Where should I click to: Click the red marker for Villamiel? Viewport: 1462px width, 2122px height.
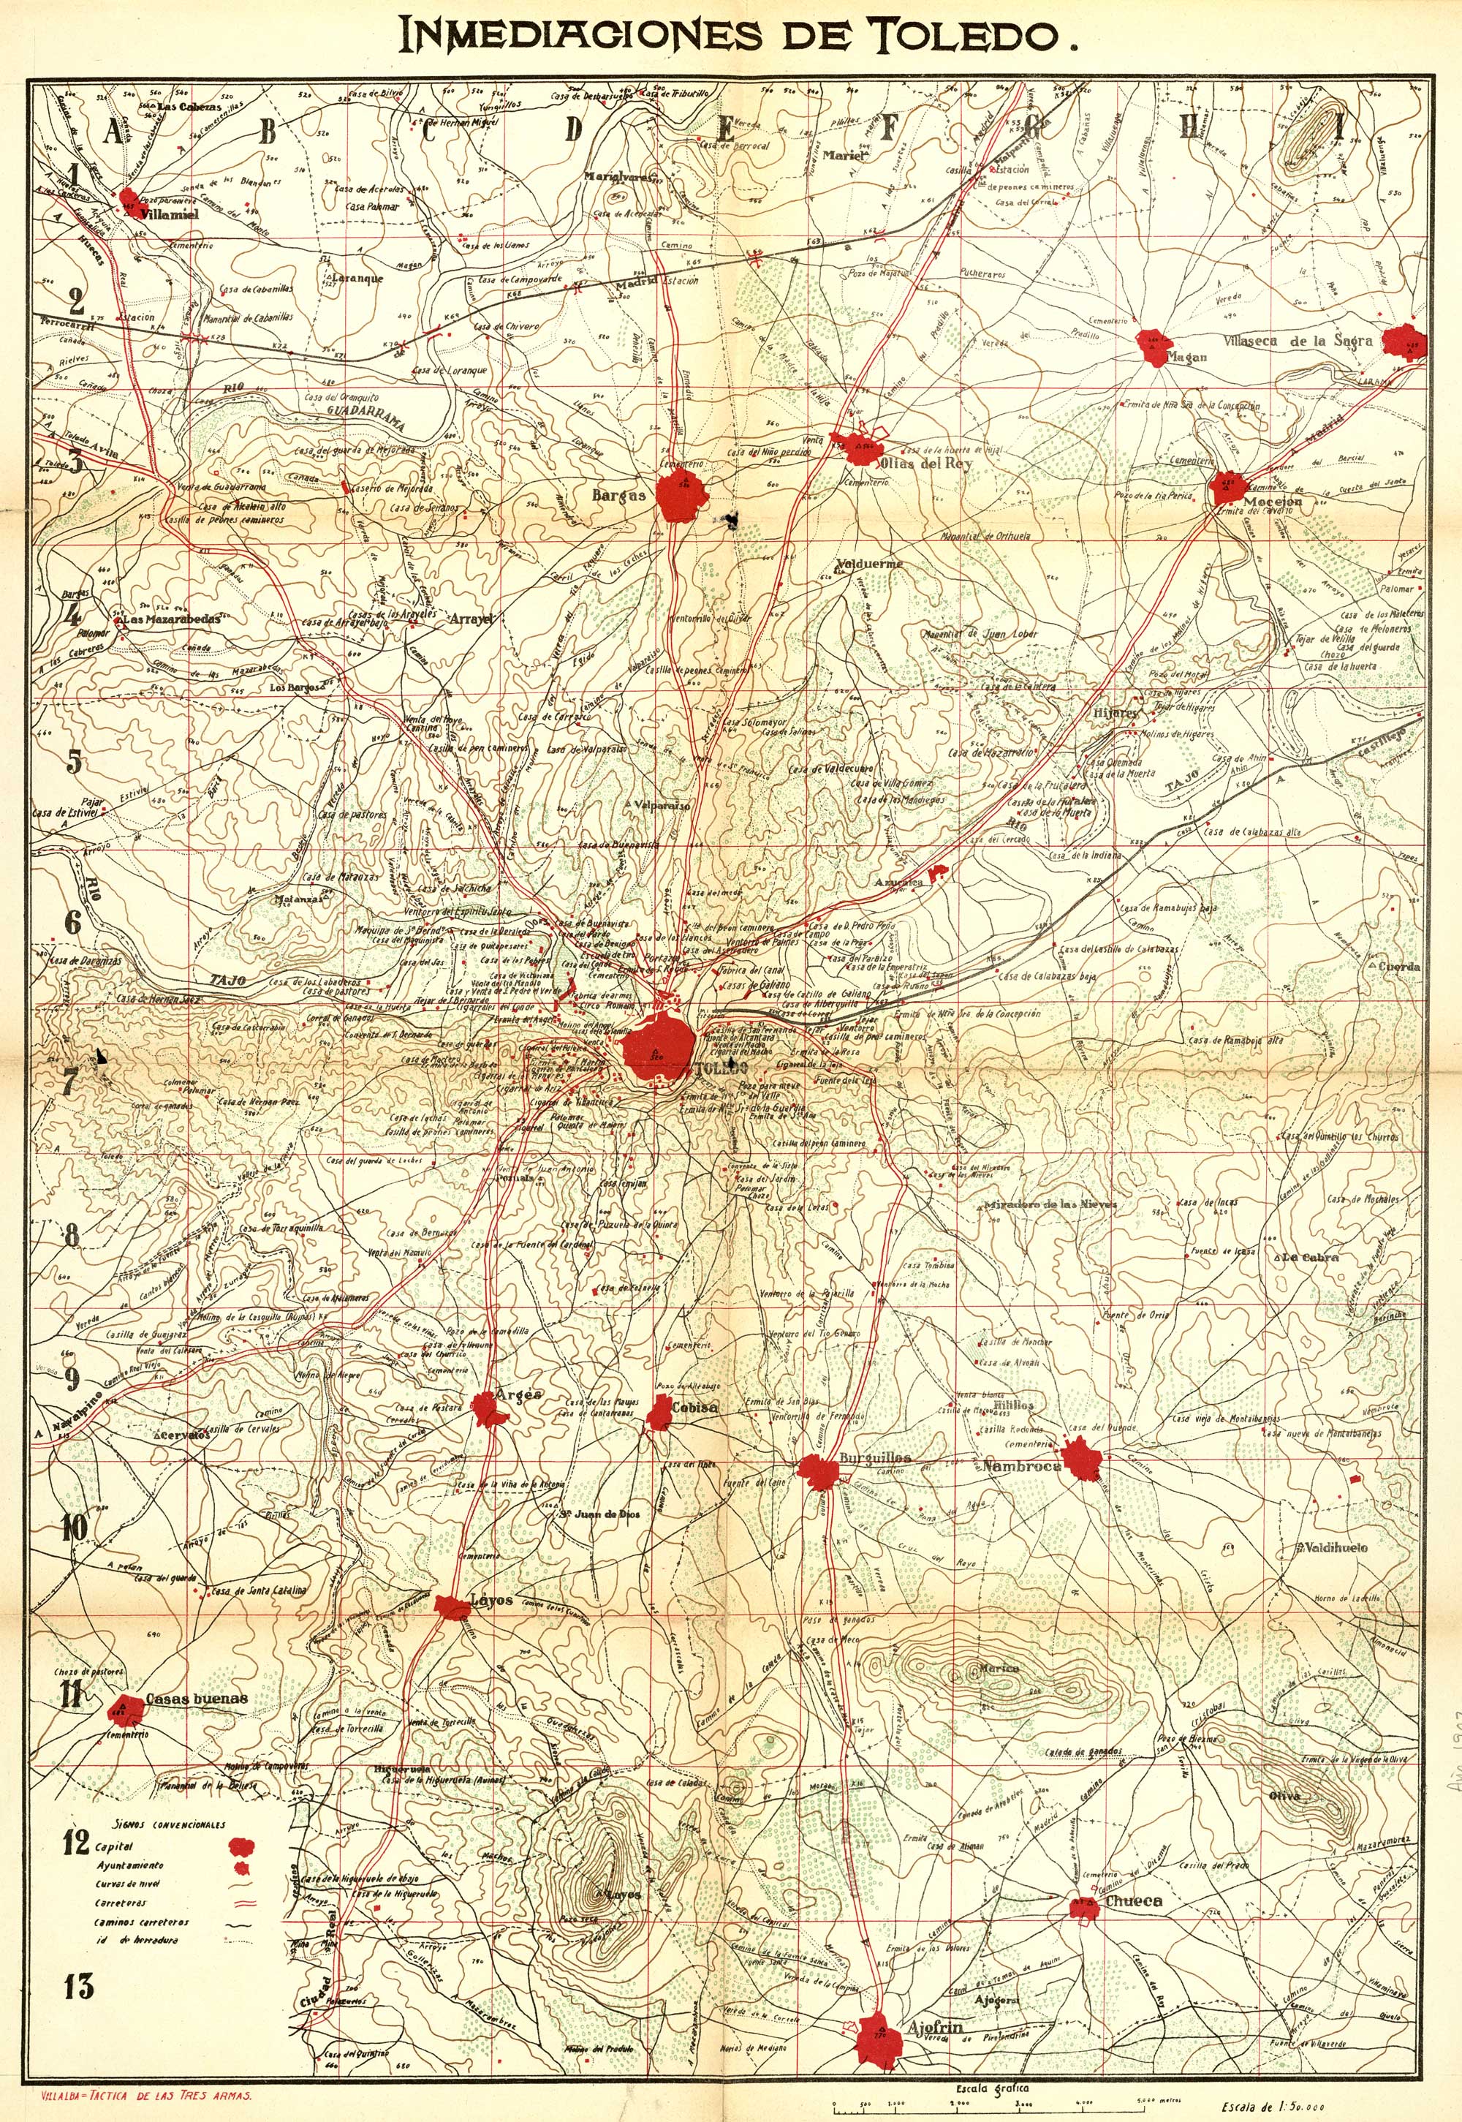point(130,199)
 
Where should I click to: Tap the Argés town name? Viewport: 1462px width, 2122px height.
point(518,1394)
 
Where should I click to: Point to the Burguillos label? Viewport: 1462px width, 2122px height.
point(875,1457)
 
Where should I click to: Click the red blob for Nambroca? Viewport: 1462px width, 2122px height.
point(1081,1459)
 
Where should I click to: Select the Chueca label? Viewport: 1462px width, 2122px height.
point(1133,1901)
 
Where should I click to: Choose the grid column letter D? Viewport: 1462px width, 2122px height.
point(572,131)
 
